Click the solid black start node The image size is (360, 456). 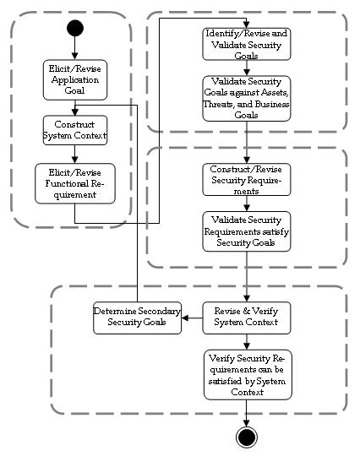[x=75, y=28]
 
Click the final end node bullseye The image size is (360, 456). [x=247, y=437]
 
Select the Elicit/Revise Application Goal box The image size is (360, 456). [x=75, y=80]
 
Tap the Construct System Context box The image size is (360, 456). [x=75, y=130]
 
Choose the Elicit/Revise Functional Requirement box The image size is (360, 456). [x=75, y=183]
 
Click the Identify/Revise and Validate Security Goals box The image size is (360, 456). [x=247, y=44]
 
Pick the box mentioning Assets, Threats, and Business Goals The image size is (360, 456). [x=247, y=98]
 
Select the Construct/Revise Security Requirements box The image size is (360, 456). [x=247, y=179]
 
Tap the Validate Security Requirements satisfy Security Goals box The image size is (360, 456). [x=247, y=231]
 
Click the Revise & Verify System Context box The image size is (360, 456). [x=247, y=318]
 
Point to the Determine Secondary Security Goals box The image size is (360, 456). [x=138, y=318]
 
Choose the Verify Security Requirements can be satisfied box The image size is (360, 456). [x=248, y=375]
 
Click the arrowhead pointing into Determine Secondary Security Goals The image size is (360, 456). [x=185, y=318]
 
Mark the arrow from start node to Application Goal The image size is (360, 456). [x=75, y=48]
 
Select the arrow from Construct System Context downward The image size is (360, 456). [x=75, y=155]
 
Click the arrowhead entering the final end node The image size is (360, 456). [x=247, y=423]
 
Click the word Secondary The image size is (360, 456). [x=159, y=312]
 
